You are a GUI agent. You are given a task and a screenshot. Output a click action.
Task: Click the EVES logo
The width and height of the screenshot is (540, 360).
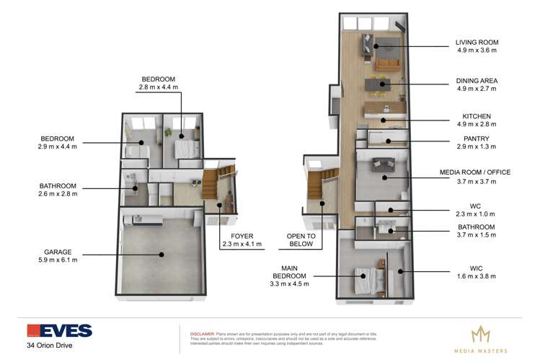point(59,331)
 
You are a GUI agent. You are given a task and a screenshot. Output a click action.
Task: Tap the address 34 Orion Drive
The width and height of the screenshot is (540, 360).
point(50,346)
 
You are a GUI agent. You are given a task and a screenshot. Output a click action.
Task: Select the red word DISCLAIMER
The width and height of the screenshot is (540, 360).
point(203,334)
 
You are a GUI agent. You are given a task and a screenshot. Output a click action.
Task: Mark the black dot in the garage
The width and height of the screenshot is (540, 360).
point(163,253)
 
